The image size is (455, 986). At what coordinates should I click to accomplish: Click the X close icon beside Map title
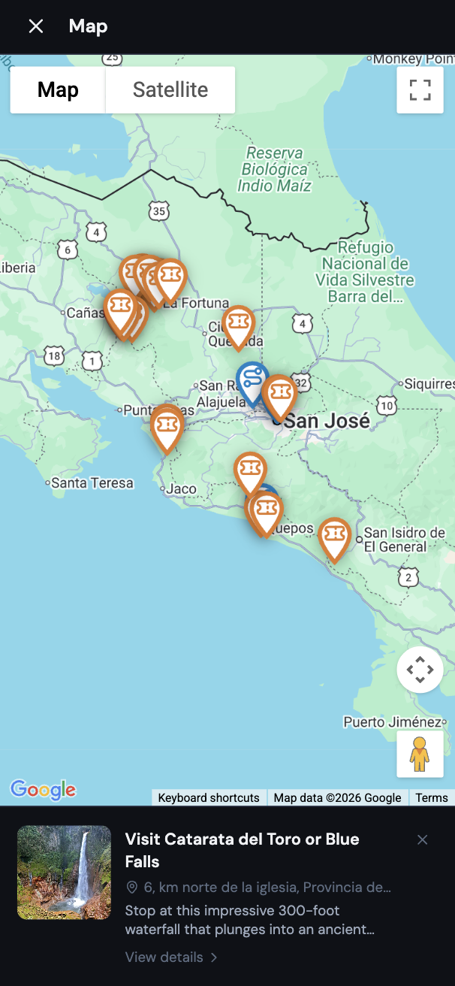[35, 26]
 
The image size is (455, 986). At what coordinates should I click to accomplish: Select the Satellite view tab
[170, 90]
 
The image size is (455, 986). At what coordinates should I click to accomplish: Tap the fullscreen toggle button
[420, 90]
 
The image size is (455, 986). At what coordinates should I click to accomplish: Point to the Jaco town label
[181, 488]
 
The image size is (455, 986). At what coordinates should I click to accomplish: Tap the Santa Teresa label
[92, 482]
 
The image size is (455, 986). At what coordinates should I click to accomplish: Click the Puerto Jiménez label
[393, 721]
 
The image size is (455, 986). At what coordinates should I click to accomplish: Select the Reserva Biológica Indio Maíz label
[274, 169]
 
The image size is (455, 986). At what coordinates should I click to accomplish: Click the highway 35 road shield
[158, 211]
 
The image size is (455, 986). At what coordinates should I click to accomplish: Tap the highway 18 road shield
[53, 355]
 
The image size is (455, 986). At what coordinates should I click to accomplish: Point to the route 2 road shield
[408, 577]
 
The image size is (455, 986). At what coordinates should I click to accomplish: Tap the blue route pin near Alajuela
[252, 379]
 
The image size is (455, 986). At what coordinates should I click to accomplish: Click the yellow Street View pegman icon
[420, 754]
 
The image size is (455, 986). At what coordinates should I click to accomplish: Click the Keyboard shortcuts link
[209, 797]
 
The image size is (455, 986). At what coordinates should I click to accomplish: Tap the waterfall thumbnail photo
[64, 873]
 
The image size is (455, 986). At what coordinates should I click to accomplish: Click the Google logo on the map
[43, 789]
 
